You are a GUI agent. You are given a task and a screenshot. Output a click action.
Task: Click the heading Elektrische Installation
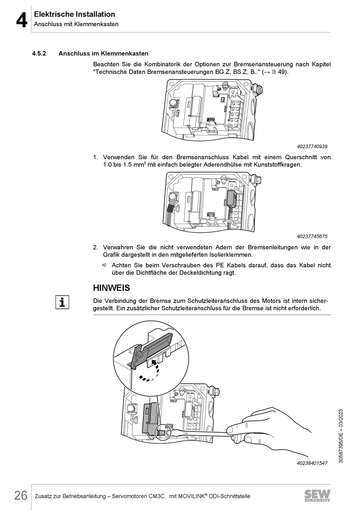[74, 14]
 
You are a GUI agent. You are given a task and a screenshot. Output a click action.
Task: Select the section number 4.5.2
[39, 54]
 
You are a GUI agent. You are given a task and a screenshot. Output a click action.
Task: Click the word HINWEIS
[111, 288]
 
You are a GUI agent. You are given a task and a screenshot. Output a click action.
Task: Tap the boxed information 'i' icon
[62, 302]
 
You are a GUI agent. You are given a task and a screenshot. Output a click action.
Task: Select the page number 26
[21, 496]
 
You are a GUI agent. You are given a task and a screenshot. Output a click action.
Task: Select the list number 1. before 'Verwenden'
[96, 157]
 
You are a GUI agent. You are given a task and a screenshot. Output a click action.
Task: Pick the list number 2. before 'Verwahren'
[96, 248]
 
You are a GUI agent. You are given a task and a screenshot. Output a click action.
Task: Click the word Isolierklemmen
[230, 255]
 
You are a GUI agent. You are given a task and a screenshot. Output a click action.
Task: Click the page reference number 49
[282, 72]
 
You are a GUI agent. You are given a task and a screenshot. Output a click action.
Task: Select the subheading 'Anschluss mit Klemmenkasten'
[76, 24]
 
